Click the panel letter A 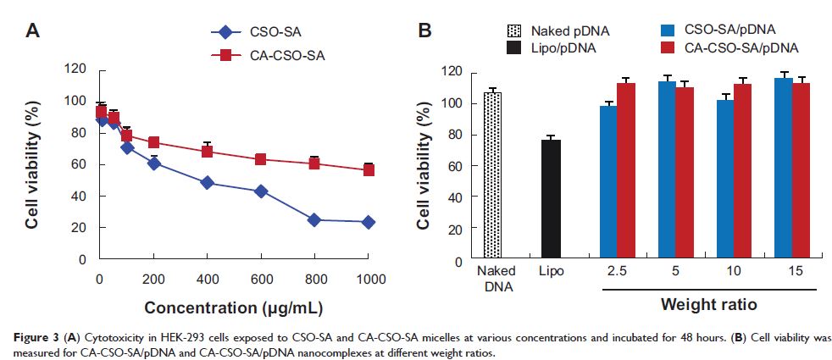[33, 31]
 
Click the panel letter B [425, 31]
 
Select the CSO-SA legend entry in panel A [254, 34]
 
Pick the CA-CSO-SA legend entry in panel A [262, 56]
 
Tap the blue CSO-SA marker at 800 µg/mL [314, 219]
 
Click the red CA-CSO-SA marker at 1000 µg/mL [368, 170]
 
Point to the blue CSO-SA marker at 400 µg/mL [208, 183]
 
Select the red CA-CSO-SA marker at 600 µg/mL [261, 159]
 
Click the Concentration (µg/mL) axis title [233, 305]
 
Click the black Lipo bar [552, 199]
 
